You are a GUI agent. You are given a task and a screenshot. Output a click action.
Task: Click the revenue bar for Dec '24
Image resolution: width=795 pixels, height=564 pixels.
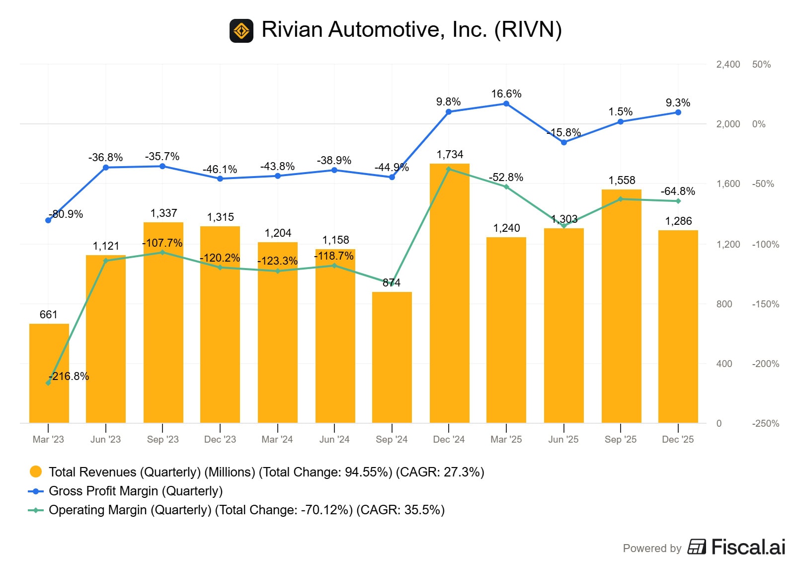[449, 293]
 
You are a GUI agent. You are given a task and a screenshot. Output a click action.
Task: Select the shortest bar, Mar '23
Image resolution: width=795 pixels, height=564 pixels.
[49, 373]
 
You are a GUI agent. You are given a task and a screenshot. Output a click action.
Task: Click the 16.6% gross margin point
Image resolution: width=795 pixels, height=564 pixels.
[506, 104]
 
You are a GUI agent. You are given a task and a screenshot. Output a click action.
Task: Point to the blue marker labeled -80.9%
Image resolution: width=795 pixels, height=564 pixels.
[48, 220]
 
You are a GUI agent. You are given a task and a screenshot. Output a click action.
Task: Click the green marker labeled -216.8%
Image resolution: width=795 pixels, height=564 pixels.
[48, 383]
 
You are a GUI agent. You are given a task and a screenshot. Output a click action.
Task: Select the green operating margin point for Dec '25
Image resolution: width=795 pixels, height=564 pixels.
[678, 201]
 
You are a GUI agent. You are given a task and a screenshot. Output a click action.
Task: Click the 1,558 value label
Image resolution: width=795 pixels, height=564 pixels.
[622, 181]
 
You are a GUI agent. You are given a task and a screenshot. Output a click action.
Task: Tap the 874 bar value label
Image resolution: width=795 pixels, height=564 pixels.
[392, 283]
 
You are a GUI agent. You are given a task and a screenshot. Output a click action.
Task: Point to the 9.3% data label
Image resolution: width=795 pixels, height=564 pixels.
[678, 103]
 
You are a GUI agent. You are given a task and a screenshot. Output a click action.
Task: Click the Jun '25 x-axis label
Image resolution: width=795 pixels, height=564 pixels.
[563, 440]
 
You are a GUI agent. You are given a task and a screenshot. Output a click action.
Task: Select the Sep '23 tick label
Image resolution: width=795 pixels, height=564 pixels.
[162, 440]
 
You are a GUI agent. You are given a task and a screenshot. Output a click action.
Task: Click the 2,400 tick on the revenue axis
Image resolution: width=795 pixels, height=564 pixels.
[728, 65]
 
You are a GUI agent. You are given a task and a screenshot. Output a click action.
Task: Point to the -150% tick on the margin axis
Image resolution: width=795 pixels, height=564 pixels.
[765, 304]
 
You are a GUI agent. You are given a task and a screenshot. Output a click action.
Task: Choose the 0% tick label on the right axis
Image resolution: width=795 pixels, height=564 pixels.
[759, 124]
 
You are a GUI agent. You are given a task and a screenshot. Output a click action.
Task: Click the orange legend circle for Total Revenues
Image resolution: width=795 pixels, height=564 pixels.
[36, 472]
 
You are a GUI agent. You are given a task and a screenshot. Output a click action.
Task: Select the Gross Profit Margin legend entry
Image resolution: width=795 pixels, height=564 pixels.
[135, 491]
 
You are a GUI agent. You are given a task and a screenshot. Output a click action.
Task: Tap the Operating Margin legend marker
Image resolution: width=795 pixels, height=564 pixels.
[36, 510]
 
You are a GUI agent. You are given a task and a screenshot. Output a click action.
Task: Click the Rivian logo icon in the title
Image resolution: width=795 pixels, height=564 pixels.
[241, 31]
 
